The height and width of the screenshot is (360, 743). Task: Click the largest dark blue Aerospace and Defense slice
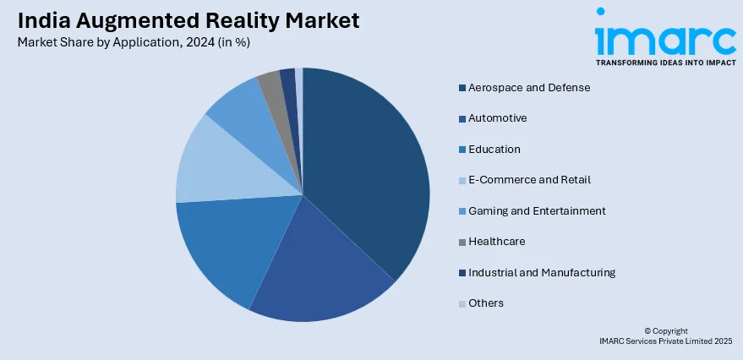coord(363,169)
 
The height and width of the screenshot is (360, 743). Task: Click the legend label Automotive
coord(497,118)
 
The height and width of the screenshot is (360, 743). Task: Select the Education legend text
coord(494,149)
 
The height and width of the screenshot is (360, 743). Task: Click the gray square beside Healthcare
coord(462,242)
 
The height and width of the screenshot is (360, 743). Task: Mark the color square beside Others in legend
coord(462,303)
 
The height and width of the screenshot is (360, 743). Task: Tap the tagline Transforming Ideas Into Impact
coord(665,63)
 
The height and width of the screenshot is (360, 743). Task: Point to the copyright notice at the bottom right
coord(665,335)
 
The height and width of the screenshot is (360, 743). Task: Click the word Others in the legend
coord(486,303)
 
